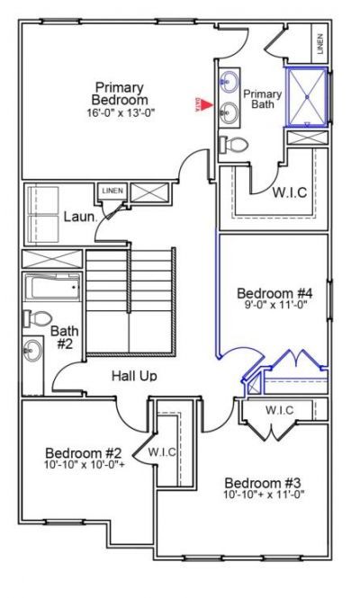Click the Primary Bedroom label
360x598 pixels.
tap(118, 92)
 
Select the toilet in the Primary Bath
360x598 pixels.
tap(234, 144)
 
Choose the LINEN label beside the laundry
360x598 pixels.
tap(112, 192)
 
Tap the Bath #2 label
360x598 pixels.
tap(66, 338)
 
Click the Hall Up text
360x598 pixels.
tap(134, 375)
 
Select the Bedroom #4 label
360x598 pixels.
tap(274, 293)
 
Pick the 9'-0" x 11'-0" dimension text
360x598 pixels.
tap(274, 307)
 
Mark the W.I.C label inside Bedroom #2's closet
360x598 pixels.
tap(161, 451)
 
